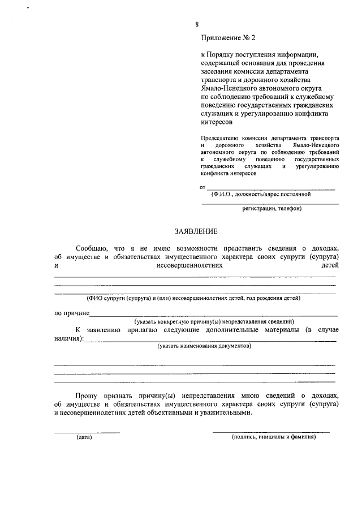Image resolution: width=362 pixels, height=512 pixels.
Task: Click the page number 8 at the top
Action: [197, 24]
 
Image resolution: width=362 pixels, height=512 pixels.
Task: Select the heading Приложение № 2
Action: [228, 38]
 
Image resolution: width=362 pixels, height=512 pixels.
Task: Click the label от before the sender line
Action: [202, 187]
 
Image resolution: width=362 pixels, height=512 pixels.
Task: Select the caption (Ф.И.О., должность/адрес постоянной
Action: [261, 194]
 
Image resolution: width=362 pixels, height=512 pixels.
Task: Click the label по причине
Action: [71, 313]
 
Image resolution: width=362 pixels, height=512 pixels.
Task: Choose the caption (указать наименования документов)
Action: [204, 346]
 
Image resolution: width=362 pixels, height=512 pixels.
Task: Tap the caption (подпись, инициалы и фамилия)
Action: [273, 437]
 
